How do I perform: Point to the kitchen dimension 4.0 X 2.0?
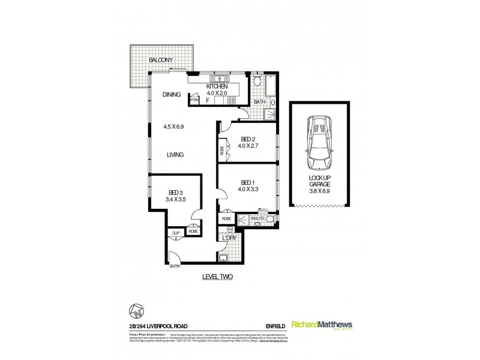click(217, 94)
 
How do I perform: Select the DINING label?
click(172, 95)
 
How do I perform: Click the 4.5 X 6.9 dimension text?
click(173, 127)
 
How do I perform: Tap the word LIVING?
click(175, 155)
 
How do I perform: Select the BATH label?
click(259, 102)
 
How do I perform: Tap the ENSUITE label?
click(256, 219)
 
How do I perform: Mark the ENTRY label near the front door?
click(175, 266)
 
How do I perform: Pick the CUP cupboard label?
click(176, 231)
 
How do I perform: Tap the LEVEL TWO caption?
click(217, 277)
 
